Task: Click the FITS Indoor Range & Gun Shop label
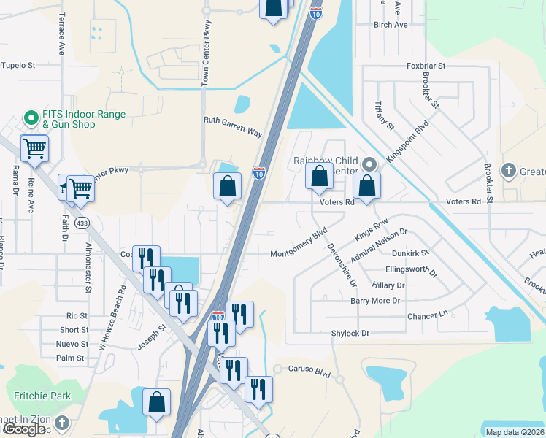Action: pyautogui.click(x=78, y=120)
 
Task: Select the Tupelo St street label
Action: pyautogui.click(x=18, y=66)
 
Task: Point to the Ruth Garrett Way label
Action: pyautogui.click(x=233, y=127)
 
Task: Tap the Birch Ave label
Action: pyautogui.click(x=391, y=25)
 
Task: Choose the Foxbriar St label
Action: pyautogui.click(x=426, y=66)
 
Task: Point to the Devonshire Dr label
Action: pyautogui.click(x=342, y=265)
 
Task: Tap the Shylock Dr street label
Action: pyautogui.click(x=350, y=333)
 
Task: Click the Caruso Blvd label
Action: pyautogui.click(x=309, y=372)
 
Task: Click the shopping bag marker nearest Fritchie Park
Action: pyautogui.click(x=156, y=403)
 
